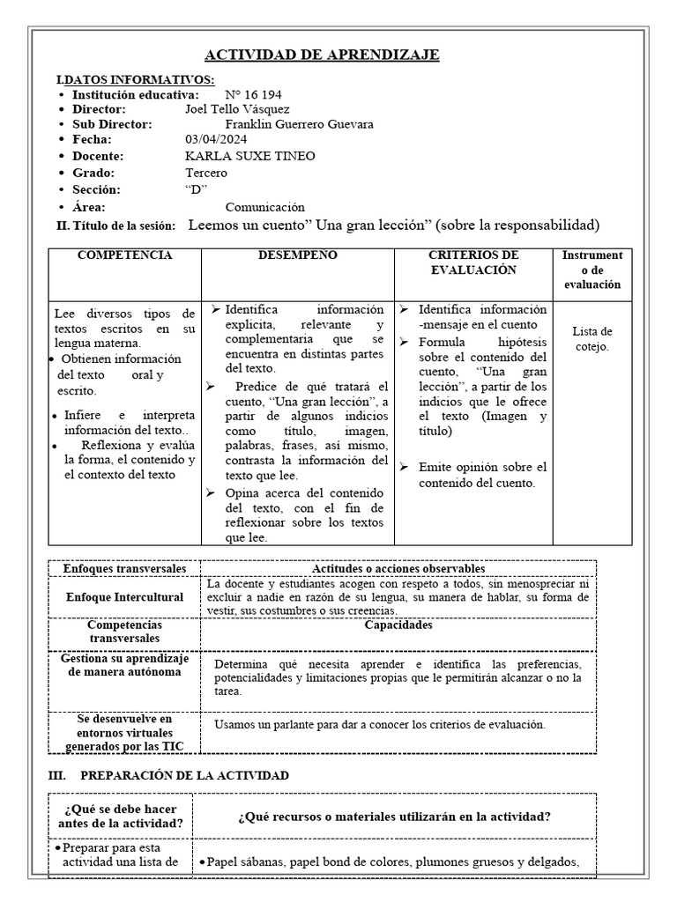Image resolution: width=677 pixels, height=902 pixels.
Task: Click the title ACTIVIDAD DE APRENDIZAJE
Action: click(322, 55)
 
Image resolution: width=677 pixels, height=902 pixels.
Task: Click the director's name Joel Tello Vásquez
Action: click(237, 109)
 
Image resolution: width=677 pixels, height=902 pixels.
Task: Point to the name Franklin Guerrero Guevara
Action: click(299, 124)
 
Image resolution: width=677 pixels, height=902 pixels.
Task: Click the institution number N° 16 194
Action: click(253, 94)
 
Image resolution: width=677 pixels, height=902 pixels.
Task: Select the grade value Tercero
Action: click(205, 173)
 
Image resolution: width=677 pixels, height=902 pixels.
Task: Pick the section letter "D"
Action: click(196, 189)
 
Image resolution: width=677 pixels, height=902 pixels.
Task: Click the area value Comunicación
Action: click(264, 207)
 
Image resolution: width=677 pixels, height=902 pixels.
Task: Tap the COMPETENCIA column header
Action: click(125, 255)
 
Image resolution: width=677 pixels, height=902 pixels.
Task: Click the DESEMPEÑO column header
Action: click(297, 255)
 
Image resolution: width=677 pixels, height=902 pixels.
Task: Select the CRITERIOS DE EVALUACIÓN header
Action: click(472, 262)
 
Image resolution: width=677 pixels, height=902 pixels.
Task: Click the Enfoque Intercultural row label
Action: click(124, 597)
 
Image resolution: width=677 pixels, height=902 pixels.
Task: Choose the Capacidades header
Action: click(398, 626)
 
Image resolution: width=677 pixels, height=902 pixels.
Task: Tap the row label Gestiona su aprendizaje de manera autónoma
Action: click(124, 665)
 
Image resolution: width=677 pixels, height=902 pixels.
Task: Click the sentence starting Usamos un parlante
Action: click(380, 725)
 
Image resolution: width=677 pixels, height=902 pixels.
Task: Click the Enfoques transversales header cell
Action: click(124, 569)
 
